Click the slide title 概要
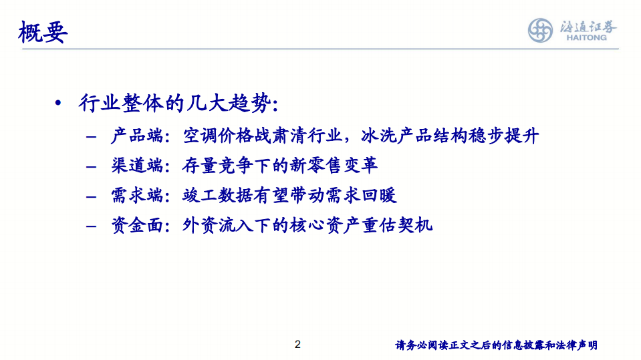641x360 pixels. pyautogui.click(x=43, y=31)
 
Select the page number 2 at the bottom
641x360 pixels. pyautogui.click(x=297, y=345)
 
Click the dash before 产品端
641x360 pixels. pyautogui.click(x=92, y=138)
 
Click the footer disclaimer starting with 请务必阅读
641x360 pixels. pyautogui.click(x=496, y=345)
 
